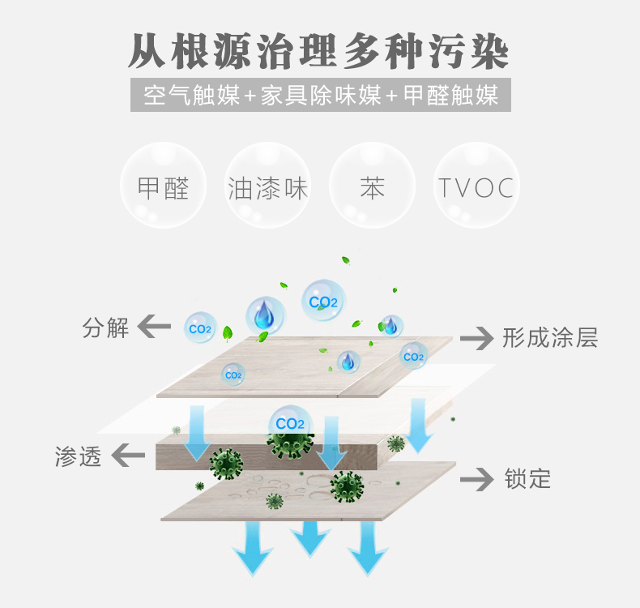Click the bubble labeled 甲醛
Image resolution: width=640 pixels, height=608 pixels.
coord(164,185)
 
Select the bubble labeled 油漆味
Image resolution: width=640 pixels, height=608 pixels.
coord(268,185)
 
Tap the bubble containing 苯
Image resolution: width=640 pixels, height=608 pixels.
coord(372,185)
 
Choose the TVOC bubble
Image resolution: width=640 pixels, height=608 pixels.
coord(476,185)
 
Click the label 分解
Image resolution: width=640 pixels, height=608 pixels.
coord(105,328)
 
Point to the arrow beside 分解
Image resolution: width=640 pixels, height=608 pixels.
coord(154,326)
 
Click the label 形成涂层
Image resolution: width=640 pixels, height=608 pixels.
coord(550,338)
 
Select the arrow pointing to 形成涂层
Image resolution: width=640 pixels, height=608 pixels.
coord(476,339)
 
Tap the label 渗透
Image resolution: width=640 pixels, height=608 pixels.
coord(78,456)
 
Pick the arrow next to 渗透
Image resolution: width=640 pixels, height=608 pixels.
coord(128,455)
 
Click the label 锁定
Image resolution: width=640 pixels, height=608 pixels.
coord(527,478)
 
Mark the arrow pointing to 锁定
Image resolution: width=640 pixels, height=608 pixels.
coord(476,479)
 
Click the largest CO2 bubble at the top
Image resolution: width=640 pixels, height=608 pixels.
coord(323,301)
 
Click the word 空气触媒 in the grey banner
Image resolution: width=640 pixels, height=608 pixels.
coord(191,95)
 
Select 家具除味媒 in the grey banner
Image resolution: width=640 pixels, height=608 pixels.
coord(321,95)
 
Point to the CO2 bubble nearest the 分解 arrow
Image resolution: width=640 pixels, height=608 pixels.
coord(200,328)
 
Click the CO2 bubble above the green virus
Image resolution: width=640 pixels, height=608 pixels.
coord(290,423)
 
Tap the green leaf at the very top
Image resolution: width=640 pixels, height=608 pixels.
coord(346,260)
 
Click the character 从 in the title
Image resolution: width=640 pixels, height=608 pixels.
coord(147,51)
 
